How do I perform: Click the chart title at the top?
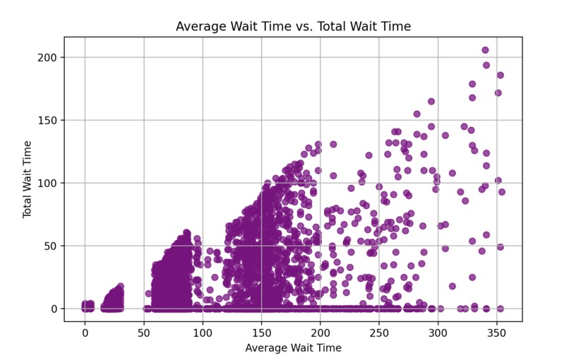coord(293,27)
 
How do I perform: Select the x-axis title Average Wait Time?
coord(293,348)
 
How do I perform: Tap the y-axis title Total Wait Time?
coord(28,179)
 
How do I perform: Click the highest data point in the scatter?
coord(486,50)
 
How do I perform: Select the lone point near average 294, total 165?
coord(431,101)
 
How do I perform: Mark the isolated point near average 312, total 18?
coord(452,286)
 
